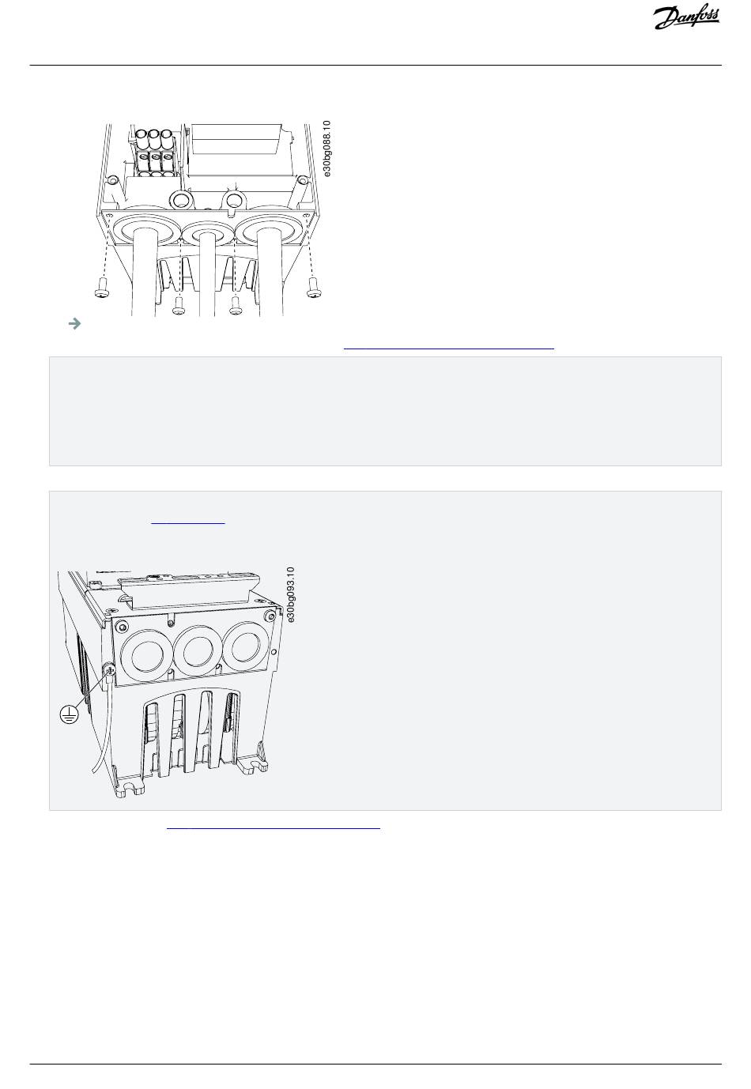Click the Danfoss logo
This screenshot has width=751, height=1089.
point(686,18)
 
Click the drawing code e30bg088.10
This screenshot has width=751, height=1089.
point(326,149)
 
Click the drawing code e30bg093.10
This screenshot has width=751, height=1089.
point(290,594)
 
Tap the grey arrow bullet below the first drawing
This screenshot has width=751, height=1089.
point(74,323)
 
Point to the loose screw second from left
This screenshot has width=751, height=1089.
point(179,305)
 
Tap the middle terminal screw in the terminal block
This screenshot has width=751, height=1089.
point(156,157)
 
